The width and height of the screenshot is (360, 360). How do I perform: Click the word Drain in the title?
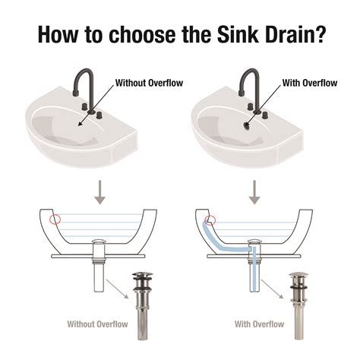click(x=288, y=34)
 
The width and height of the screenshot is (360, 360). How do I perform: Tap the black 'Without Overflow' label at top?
click(x=149, y=83)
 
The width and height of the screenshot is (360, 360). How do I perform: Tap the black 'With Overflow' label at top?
click(x=310, y=83)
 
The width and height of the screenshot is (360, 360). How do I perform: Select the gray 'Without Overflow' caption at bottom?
click(x=98, y=324)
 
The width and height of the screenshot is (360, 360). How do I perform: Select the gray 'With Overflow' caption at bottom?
click(x=260, y=324)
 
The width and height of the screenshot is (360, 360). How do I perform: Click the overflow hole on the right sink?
click(x=246, y=125)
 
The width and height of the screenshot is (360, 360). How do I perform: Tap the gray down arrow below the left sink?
click(x=100, y=192)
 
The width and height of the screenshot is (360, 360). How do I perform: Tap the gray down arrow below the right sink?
click(x=254, y=192)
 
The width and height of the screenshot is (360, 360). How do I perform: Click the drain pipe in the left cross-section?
click(x=99, y=265)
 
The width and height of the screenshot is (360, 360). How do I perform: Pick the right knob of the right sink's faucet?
click(x=265, y=115)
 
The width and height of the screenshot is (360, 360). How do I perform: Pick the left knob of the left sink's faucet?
click(x=84, y=106)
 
